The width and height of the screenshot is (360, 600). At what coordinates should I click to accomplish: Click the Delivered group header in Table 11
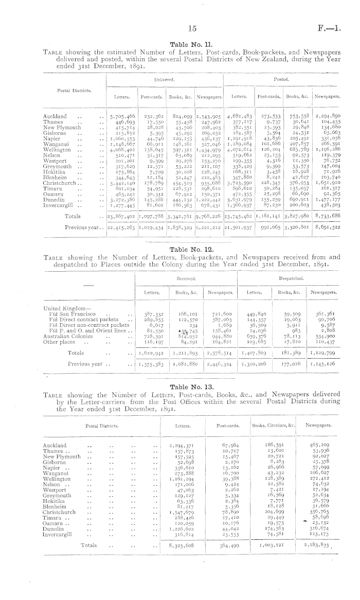pyautogui.click(x=164, y=80)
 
